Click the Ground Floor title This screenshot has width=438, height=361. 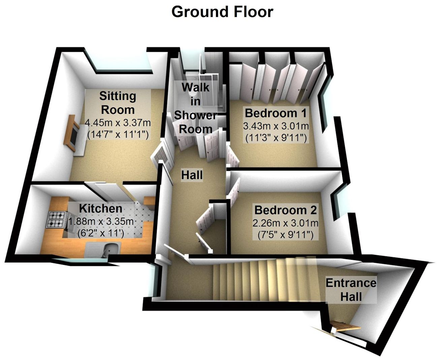point(222,12)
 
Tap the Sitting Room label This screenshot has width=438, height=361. point(118,103)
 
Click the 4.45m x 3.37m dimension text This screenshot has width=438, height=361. point(118,122)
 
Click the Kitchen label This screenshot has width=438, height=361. point(100,208)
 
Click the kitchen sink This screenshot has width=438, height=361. point(110,249)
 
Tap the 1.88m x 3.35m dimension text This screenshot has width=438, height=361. point(101,222)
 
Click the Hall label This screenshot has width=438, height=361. point(192,175)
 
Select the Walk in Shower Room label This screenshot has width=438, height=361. point(195,108)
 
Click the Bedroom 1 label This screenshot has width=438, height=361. point(276,113)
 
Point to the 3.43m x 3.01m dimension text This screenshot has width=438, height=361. point(276,126)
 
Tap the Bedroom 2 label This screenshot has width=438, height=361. point(285,210)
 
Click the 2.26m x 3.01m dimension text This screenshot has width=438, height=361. point(285,223)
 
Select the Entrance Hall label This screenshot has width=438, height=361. point(351,290)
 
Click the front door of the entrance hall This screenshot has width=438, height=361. point(344,326)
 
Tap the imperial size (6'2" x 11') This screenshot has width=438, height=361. point(101,232)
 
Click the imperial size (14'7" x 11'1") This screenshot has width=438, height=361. point(118,135)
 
